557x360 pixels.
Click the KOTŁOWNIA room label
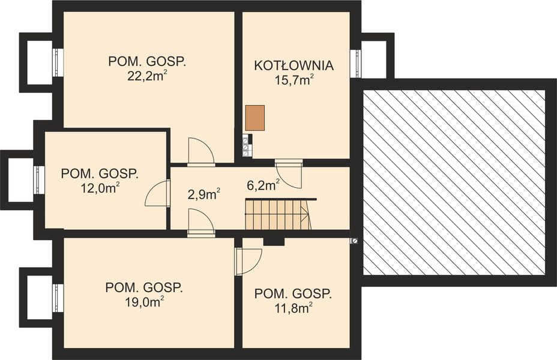(x=294, y=65)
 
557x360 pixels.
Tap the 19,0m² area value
(x=144, y=302)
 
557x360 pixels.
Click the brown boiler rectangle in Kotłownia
(x=254, y=118)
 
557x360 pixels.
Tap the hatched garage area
(x=454, y=182)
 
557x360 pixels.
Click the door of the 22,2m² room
(x=200, y=152)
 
